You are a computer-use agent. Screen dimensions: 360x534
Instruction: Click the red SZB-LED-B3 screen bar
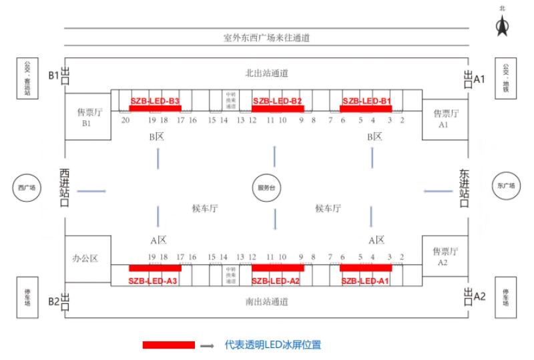point(155,108)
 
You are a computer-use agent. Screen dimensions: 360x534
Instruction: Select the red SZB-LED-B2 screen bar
point(278,108)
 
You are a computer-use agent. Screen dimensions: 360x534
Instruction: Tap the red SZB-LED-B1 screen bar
point(366,108)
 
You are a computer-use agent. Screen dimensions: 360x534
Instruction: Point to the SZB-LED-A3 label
point(153,281)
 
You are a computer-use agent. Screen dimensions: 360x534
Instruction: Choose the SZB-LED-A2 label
point(276,281)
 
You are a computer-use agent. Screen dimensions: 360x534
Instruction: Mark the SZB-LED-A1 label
point(365,281)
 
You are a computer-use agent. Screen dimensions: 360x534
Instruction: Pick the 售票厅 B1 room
point(87,117)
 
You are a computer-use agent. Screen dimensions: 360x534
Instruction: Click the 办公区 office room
point(87,258)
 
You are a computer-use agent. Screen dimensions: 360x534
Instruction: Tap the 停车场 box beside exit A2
point(506,297)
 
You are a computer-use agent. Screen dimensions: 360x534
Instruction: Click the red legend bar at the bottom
point(169,345)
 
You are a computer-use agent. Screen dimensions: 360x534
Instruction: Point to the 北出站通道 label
point(266,73)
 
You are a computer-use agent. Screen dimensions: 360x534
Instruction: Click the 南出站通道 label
point(266,301)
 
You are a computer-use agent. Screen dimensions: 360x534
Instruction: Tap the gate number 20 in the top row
point(125,120)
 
